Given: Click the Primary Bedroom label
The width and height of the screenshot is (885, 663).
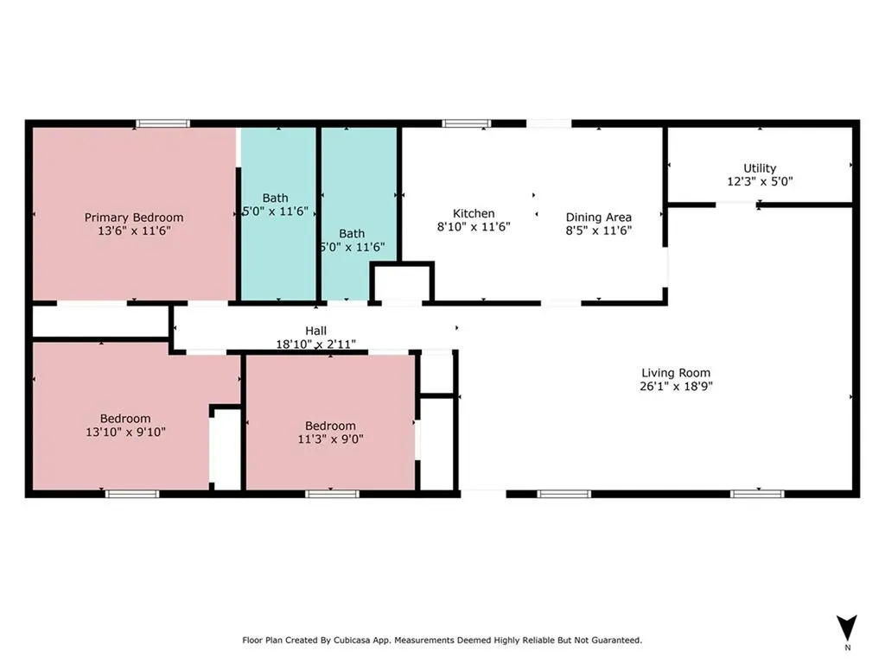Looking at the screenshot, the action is [x=134, y=217].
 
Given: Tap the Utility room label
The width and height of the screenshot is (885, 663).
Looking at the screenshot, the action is [x=760, y=168].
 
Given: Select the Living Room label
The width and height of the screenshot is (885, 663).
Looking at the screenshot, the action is [x=676, y=373].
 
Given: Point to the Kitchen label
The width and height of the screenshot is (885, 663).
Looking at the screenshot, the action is [x=474, y=213].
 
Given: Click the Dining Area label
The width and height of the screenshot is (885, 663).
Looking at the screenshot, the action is [x=599, y=217].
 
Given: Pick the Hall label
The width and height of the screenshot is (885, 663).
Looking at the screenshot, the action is [x=316, y=331].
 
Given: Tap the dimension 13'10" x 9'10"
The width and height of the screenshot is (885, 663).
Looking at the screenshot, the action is [x=125, y=432].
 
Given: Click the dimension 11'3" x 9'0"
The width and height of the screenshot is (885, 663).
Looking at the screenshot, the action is [x=331, y=439].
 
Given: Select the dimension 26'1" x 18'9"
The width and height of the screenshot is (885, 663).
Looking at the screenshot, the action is [x=676, y=386].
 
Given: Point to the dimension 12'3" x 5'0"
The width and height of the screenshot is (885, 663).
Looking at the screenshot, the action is [x=760, y=181].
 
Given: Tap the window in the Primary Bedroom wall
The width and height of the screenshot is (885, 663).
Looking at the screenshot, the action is [x=162, y=123].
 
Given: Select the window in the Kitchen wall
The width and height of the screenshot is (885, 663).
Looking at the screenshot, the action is [x=466, y=123].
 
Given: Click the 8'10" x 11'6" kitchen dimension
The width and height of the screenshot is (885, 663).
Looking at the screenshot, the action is [x=474, y=227].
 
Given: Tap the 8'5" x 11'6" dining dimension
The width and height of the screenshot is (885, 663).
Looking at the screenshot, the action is [x=599, y=230].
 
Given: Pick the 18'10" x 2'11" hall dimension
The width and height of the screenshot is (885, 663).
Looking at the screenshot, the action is [x=316, y=344].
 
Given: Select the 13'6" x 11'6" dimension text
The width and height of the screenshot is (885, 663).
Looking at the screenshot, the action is [x=134, y=230].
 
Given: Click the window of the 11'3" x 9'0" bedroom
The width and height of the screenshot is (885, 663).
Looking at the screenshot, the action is [x=333, y=495].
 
